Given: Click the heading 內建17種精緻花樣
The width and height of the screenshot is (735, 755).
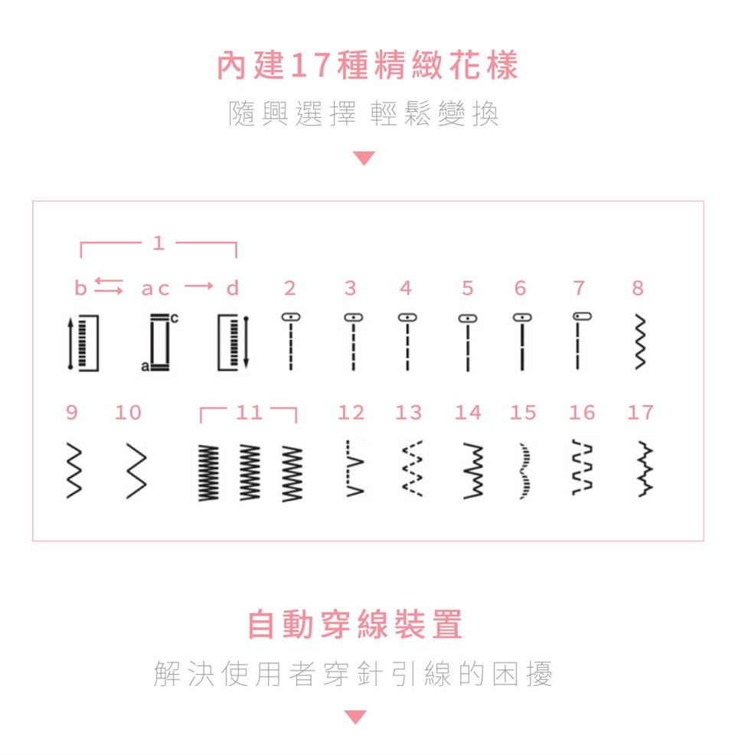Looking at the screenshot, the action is (x=367, y=65).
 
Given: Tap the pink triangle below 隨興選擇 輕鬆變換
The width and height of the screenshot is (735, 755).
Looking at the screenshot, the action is (x=364, y=159).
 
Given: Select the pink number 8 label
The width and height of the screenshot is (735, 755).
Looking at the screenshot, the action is (x=638, y=288).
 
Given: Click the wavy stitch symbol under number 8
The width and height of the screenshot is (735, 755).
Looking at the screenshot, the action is (x=640, y=342).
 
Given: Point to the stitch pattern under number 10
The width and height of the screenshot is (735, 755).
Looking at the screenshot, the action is (x=136, y=470).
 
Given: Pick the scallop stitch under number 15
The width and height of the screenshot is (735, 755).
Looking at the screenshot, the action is (x=525, y=470).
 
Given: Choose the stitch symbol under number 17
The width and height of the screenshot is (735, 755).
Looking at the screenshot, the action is (x=645, y=469).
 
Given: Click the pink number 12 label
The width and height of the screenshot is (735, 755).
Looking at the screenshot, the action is (x=351, y=413).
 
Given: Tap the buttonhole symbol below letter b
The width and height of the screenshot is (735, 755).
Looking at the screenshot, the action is (x=83, y=343).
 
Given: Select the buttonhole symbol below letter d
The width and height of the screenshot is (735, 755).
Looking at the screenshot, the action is (x=233, y=343).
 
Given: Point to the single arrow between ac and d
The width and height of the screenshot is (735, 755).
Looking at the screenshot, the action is (x=199, y=286).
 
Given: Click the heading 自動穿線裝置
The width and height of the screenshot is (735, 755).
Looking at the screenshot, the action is (x=355, y=624).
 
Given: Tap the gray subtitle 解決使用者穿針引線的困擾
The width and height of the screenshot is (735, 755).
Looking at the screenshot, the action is (x=353, y=673).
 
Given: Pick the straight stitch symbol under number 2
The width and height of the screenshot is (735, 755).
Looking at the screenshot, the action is (x=291, y=341).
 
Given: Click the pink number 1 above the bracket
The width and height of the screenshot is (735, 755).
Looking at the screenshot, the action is (x=158, y=243).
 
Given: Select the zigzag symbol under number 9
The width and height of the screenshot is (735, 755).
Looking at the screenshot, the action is (x=73, y=470).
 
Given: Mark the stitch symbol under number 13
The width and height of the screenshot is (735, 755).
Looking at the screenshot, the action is (x=413, y=469).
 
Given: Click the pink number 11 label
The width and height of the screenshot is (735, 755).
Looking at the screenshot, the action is (x=249, y=413).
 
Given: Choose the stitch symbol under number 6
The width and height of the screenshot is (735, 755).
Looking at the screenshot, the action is (x=522, y=342).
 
